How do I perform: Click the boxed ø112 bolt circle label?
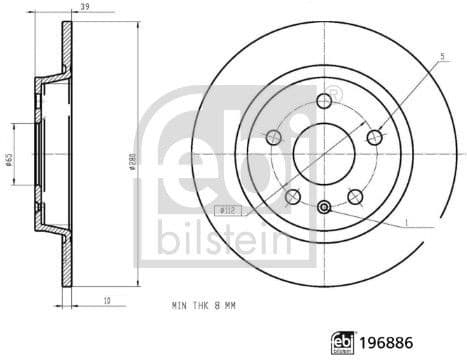coord(227,210)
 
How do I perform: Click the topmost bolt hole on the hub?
coord(324,99)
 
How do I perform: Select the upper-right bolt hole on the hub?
coord(375,136)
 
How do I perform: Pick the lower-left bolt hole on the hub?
coord(292,196)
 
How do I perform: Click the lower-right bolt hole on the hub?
coord(356,196)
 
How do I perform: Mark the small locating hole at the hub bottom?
coord(324,207)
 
